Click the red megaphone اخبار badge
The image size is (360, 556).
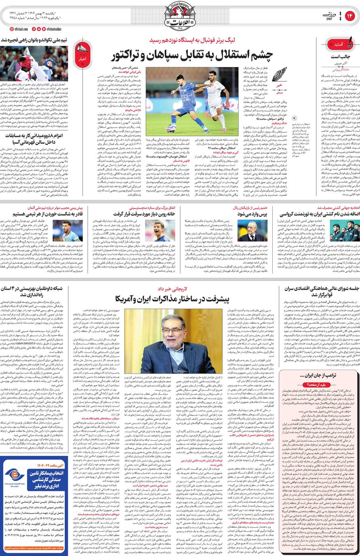coord(83,52)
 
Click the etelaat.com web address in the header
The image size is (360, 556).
coord(19,29)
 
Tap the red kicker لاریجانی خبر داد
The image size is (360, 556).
coord(172,289)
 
